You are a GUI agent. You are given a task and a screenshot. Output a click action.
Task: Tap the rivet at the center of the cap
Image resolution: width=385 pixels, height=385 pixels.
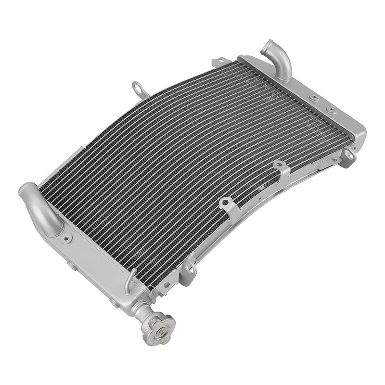click(161, 332)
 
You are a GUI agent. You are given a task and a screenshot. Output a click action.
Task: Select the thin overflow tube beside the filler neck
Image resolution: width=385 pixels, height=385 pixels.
click(128, 282)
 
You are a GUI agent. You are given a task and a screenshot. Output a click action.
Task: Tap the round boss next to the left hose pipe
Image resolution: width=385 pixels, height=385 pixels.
click(67, 238)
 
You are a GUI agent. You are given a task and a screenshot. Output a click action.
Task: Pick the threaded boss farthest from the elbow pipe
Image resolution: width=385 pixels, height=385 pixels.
click(332, 110)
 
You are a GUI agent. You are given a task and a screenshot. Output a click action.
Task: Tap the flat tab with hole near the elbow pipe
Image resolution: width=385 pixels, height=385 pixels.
click(219, 62)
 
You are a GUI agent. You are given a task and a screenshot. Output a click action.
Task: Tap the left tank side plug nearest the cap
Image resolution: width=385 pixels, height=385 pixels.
click(114, 303)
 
